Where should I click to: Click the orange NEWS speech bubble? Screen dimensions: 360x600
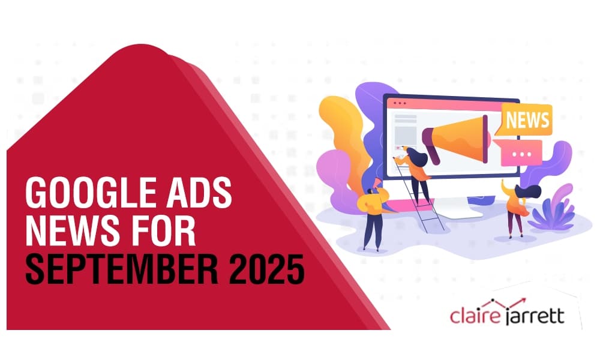(x=527, y=119)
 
